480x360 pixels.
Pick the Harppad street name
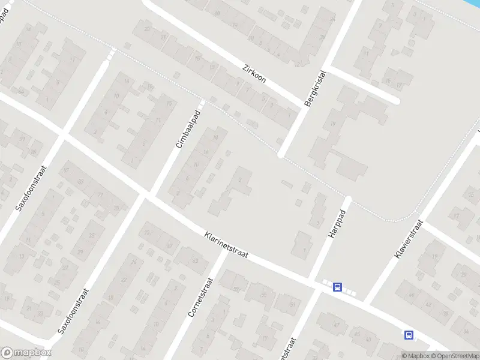point(338,224)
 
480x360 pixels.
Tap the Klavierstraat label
point(409,239)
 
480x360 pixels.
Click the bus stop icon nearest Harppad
point(338,287)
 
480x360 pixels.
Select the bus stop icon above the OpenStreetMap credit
point(409,335)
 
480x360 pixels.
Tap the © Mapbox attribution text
point(416,356)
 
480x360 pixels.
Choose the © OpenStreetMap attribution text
point(455,356)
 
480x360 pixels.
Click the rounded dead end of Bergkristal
point(281,155)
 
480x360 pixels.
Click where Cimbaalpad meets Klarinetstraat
point(147,195)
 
